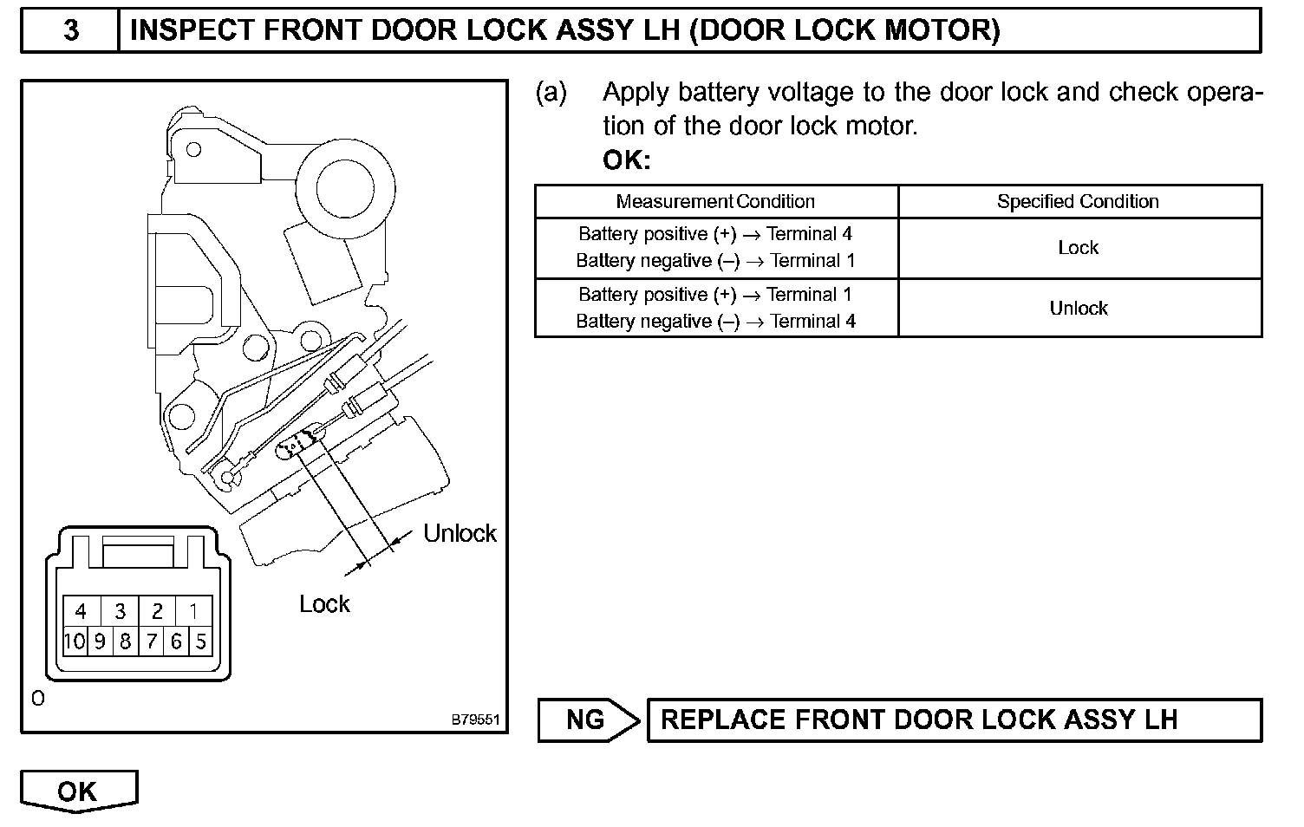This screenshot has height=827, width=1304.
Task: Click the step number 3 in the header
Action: click(71, 31)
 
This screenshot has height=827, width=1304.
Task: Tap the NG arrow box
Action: click(588, 720)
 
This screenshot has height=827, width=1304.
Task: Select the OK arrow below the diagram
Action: click(78, 791)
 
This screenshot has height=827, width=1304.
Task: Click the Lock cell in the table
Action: click(1079, 248)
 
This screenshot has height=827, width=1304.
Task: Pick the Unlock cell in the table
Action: click(1079, 309)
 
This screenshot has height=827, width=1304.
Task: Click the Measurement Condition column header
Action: click(715, 202)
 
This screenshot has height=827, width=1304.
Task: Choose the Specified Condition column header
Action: click(1078, 202)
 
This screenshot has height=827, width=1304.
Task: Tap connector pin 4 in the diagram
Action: click(81, 612)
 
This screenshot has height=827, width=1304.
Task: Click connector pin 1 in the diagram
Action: click(194, 612)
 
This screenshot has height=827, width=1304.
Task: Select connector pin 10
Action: click(75, 641)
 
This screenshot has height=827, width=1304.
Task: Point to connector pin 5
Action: click(201, 641)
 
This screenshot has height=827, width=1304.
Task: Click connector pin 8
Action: click(126, 641)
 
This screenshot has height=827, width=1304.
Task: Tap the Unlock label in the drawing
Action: click(460, 533)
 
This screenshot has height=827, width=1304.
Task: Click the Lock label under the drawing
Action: click(324, 604)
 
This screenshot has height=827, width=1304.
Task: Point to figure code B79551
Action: click(475, 720)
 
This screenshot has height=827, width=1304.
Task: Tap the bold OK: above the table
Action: click(626, 161)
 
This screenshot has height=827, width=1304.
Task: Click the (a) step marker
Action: click(551, 93)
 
